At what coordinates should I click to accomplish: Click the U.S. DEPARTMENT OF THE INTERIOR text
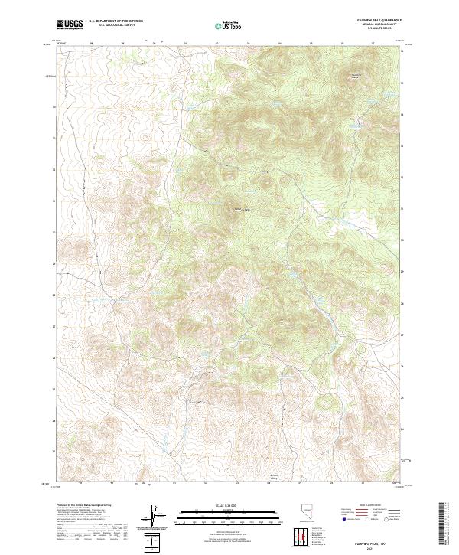116,22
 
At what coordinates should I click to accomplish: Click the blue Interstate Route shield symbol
340,518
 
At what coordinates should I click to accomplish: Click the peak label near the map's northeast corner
355,76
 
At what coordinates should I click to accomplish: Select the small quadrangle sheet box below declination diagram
155,543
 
